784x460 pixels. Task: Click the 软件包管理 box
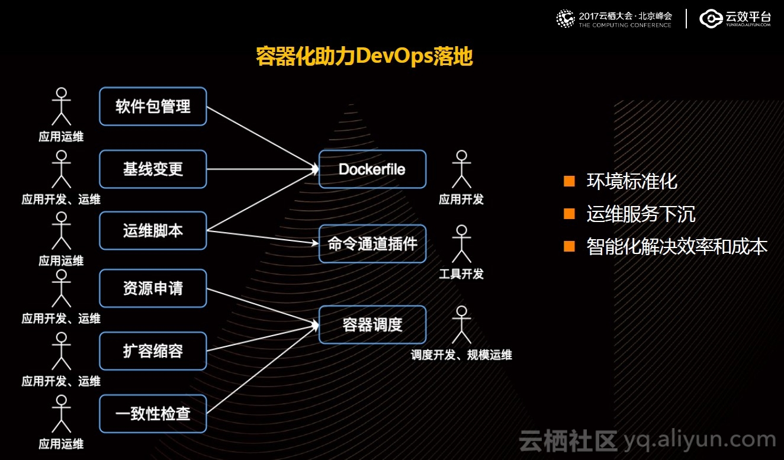point(153,107)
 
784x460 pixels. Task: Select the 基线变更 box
point(153,169)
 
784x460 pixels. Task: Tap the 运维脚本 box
point(153,230)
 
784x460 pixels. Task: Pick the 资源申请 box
point(153,288)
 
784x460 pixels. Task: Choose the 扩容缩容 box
point(153,351)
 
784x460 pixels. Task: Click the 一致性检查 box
point(153,414)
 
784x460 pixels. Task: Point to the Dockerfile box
point(372,169)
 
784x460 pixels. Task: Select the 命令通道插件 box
point(372,244)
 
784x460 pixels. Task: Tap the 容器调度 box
point(372,324)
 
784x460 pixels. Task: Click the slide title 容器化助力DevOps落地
point(364,56)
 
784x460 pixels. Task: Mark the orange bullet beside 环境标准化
point(569,181)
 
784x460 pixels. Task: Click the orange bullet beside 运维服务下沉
point(569,214)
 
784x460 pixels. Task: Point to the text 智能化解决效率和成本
point(677,246)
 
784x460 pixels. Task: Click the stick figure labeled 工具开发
point(462,244)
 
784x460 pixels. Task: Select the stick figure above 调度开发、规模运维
point(462,324)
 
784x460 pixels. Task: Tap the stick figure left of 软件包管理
point(61,107)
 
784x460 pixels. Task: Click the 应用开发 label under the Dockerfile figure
point(461,200)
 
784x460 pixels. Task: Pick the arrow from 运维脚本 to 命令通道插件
point(262,237)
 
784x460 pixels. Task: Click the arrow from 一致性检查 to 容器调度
point(262,369)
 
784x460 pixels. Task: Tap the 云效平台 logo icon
point(711,18)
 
